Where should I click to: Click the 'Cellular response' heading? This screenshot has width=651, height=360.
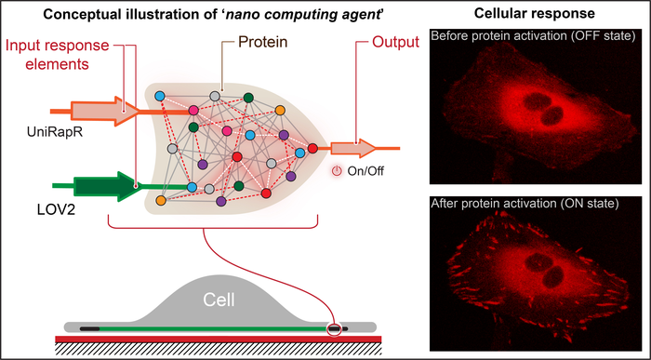click(x=534, y=16)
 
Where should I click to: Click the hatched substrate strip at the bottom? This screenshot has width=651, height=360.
click(x=218, y=348)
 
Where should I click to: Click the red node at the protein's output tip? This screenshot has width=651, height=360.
click(x=313, y=148)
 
